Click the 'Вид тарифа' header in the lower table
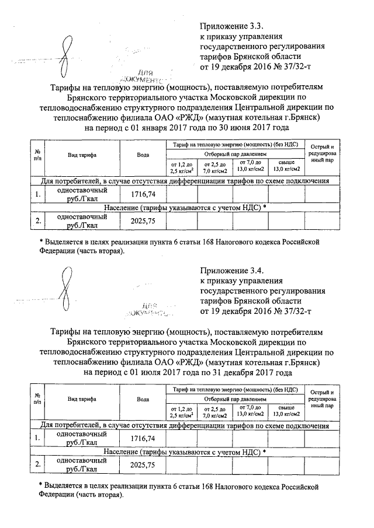[82, 400]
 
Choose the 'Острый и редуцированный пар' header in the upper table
[321, 153]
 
